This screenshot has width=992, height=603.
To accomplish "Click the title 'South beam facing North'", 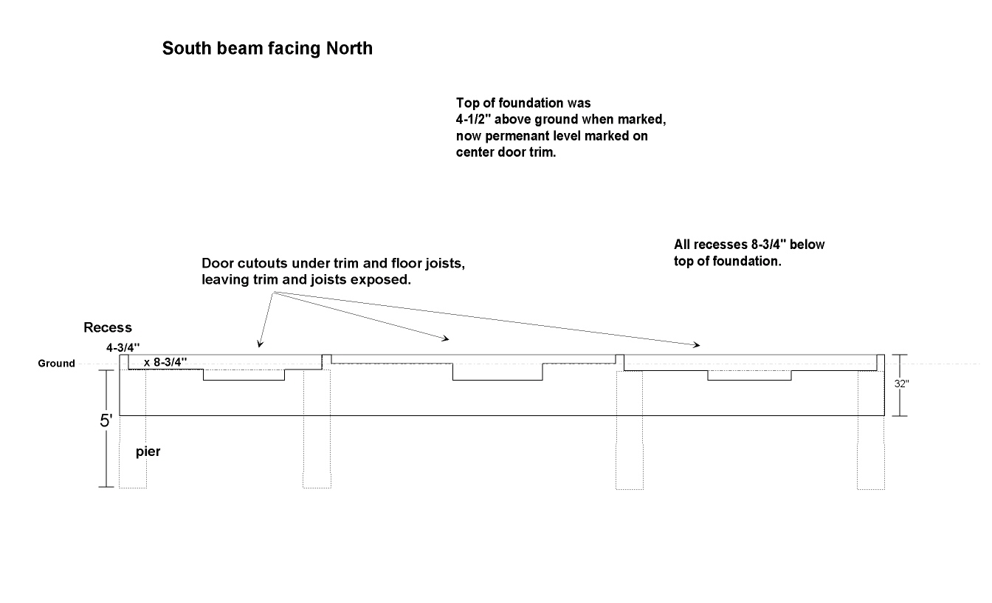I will coord(267,49).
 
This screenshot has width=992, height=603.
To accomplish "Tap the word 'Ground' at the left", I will coord(57,364).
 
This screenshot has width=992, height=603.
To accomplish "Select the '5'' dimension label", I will coord(106,421).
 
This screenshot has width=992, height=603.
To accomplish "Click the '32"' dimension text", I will coord(902,384).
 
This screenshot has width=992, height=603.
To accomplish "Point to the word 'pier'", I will coord(148,452).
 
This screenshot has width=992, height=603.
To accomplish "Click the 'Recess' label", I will coord(108,327).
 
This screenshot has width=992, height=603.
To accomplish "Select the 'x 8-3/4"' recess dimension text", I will coord(165,362).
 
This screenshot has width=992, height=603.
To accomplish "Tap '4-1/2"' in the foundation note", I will coord(478,119).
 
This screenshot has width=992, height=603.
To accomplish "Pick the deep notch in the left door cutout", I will coord(244,375).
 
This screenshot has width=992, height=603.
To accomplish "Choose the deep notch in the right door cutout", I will coord(749,375).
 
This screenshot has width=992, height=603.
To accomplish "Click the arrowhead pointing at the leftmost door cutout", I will coord(258,343).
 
